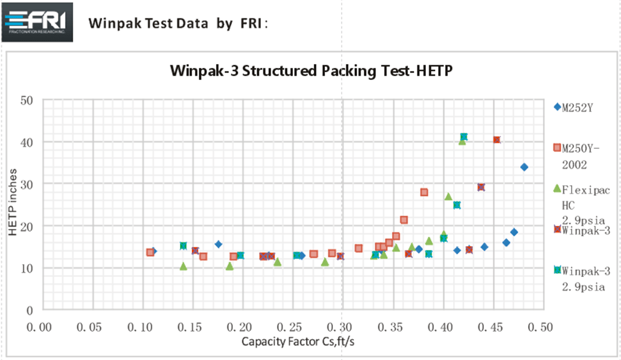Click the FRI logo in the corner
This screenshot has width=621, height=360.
pos(38,22)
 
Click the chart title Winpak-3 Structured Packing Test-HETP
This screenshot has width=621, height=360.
pos(311,70)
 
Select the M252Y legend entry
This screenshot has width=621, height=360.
pos(575,107)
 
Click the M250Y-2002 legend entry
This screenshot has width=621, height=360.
pos(581,156)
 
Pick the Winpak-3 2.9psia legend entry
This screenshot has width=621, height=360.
pos(585,278)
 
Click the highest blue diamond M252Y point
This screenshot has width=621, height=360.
pos(524,167)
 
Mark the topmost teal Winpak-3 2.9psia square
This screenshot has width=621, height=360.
pos(463,137)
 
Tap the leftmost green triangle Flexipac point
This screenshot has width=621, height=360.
pos(183,266)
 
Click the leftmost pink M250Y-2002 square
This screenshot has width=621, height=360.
pos(150,252)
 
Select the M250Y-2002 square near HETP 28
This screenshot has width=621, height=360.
pos(424,192)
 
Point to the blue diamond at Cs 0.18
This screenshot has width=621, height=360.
pos(218,244)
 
